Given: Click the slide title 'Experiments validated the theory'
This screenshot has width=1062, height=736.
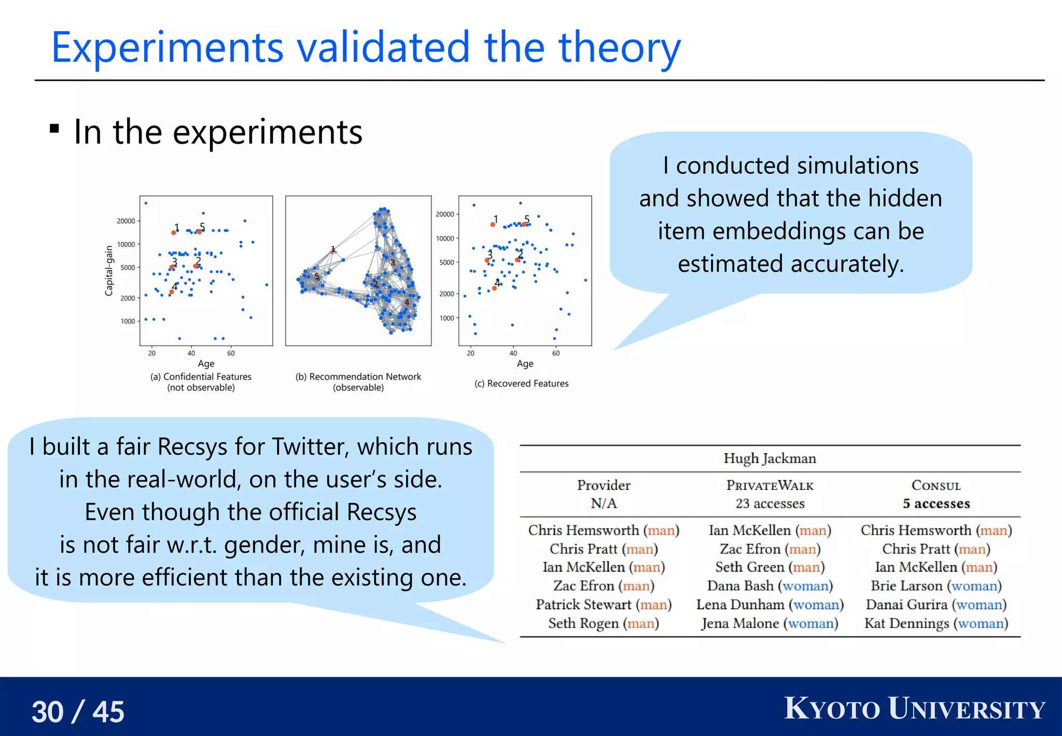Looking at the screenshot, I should [366, 48].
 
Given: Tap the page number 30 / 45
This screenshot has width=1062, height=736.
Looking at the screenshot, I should [78, 711].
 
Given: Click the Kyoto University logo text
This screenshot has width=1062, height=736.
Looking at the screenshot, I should [914, 709].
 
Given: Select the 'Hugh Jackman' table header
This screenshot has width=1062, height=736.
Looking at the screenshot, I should [770, 458].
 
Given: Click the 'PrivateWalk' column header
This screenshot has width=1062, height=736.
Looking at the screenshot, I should [770, 486].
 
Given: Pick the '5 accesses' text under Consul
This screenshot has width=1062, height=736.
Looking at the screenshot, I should [936, 503].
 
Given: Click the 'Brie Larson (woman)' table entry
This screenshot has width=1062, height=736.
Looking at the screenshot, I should [936, 586].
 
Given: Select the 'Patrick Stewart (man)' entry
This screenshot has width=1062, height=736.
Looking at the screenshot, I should [604, 605].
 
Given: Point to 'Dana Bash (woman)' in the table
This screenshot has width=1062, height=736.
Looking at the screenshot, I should [770, 586].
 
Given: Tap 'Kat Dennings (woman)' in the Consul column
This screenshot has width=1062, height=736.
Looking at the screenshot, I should [936, 623].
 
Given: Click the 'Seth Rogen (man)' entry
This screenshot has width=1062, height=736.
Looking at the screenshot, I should [604, 623].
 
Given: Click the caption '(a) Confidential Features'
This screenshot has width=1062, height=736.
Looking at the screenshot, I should [201, 377].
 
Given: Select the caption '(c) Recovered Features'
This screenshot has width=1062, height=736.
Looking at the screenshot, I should [521, 384].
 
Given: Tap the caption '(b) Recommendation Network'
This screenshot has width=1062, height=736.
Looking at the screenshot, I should [358, 377].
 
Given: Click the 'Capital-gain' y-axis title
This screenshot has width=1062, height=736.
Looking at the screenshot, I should [109, 270].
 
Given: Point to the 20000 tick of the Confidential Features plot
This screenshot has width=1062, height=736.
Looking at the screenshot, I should [126, 221].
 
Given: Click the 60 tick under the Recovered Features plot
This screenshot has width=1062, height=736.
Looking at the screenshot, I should [556, 353].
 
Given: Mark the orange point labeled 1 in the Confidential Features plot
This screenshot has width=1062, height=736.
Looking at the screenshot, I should [173, 233].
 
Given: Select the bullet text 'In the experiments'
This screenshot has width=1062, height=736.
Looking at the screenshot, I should [218, 132].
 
